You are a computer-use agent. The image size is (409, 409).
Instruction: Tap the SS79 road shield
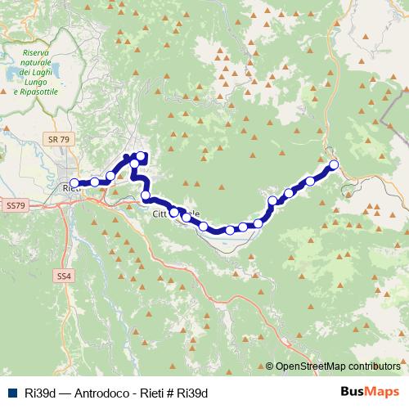15,204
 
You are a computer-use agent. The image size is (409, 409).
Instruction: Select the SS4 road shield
65,277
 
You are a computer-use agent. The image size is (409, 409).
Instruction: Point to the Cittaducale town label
176,214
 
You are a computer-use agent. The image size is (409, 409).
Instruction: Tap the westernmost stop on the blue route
74,183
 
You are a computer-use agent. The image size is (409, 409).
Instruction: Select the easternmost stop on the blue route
334,165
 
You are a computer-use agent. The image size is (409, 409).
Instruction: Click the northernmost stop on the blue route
140,156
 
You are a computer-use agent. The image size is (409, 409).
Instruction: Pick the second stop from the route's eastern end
310,181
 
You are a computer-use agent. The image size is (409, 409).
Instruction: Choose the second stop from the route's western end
95,182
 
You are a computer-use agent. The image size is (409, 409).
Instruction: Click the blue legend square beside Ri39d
9,393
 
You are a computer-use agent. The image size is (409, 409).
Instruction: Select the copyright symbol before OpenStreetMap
269,366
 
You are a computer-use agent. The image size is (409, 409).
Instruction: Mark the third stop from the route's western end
110,176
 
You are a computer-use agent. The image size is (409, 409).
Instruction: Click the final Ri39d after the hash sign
194,393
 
